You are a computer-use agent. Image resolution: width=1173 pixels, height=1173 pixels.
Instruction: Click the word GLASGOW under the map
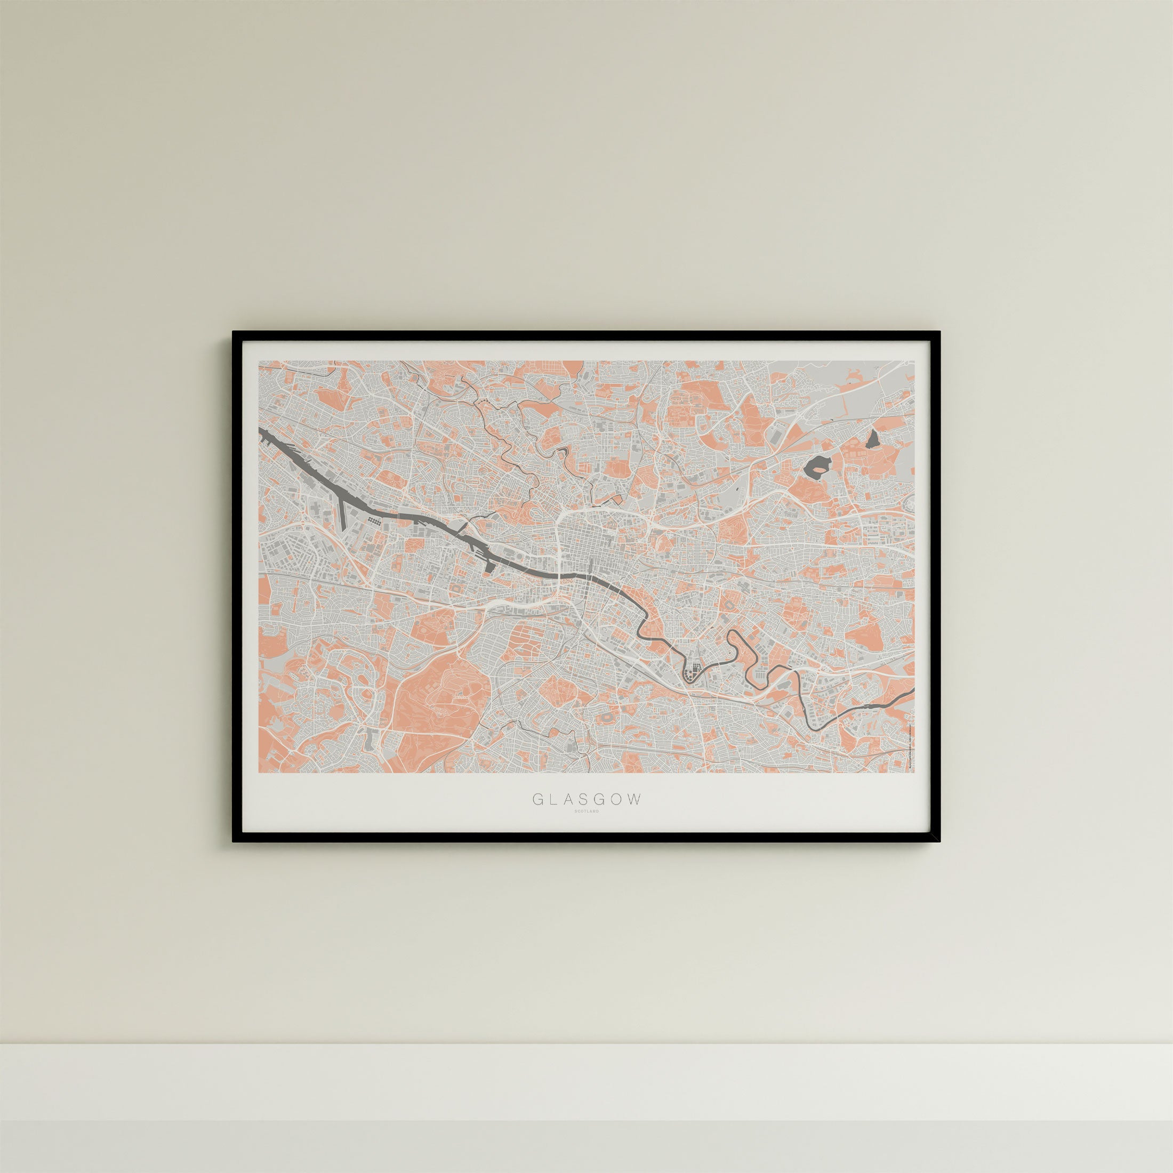pos(586,799)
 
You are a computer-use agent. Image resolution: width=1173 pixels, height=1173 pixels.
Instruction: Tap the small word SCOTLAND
pos(586,811)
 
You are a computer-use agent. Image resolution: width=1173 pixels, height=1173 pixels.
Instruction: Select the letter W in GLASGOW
pos(634,799)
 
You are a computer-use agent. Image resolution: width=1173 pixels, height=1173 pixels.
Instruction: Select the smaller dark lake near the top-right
pos(874,438)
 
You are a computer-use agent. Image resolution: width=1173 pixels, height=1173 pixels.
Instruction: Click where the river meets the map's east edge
pos(912,690)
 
